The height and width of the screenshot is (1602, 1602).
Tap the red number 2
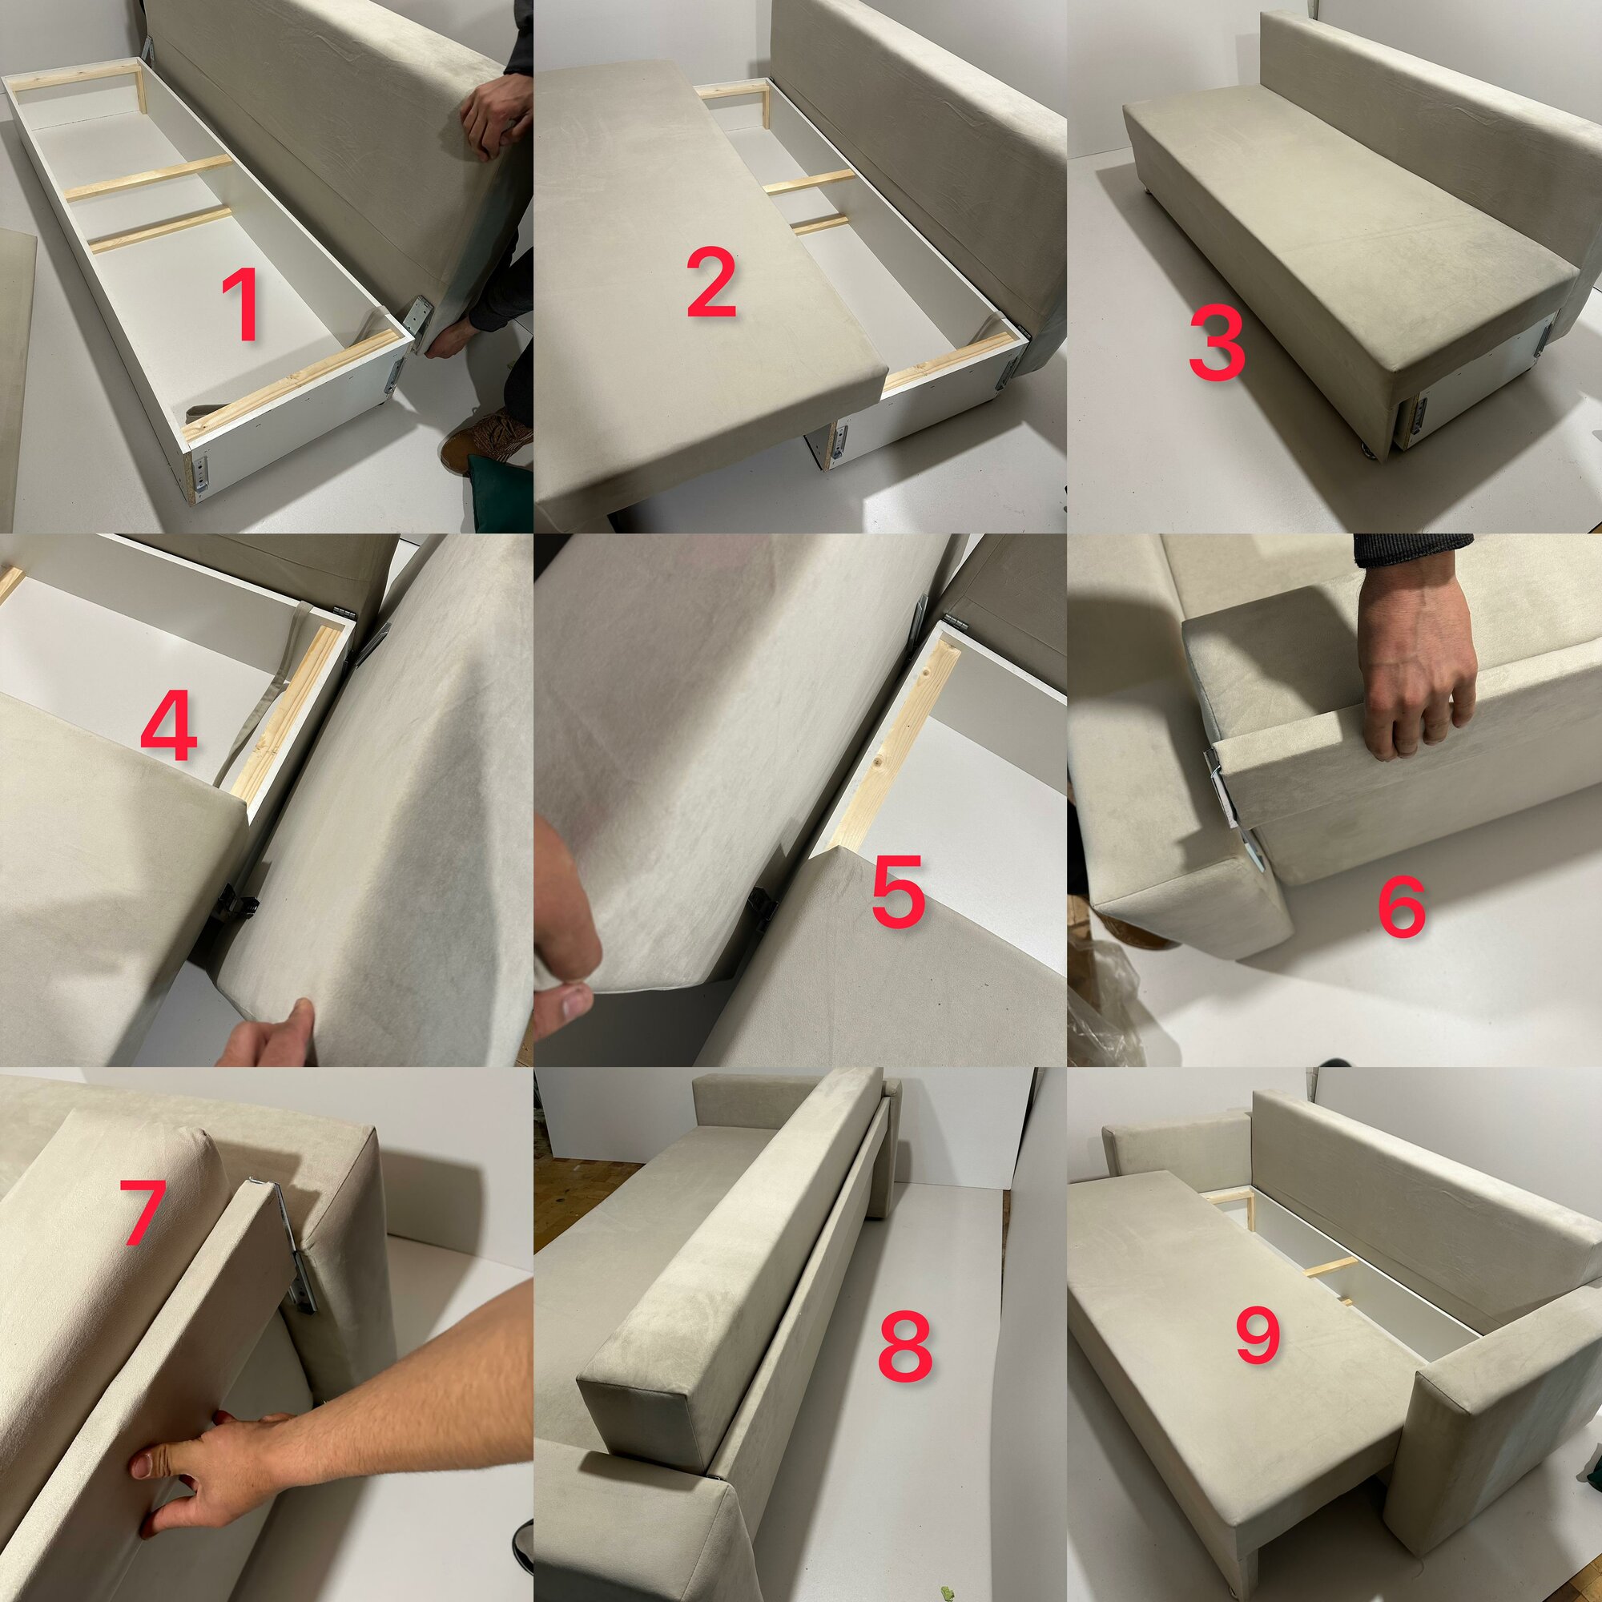[711, 284]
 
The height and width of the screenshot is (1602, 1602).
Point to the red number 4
[169, 729]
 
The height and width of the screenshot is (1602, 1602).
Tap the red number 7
[143, 1211]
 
